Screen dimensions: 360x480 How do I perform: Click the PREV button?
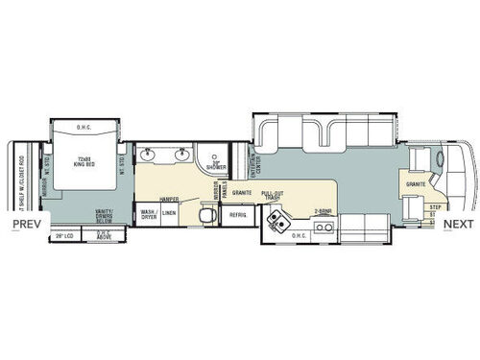pos(25,225)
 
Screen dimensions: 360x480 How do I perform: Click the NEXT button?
pos(458,225)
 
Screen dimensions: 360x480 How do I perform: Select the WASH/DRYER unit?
pos(149,214)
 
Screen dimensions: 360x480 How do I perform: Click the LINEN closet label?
pos(169,214)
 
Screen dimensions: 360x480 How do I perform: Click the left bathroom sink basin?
pos(149,156)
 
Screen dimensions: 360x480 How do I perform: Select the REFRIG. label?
pos(236,215)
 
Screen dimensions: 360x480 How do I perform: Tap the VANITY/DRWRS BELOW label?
pos(105,214)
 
